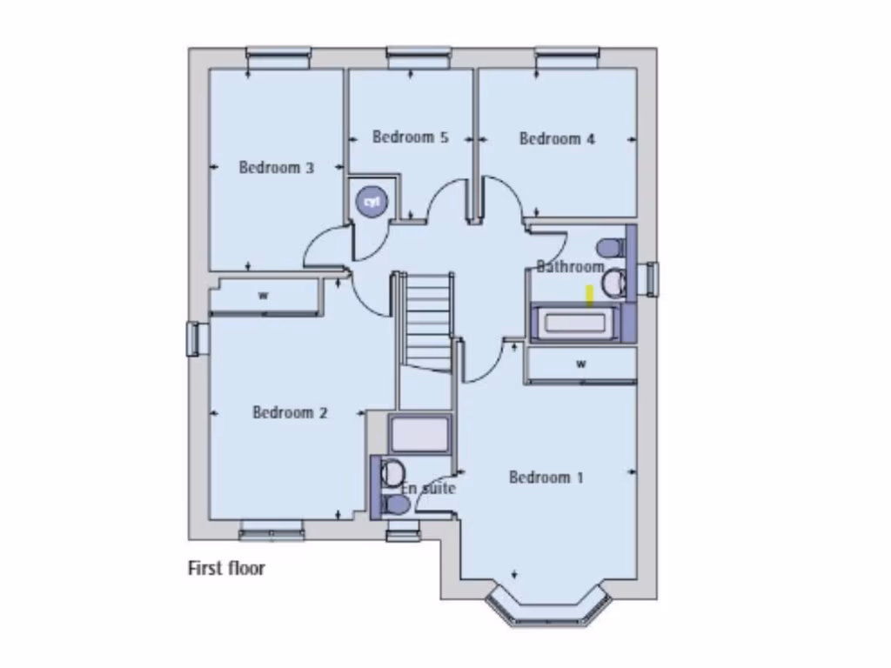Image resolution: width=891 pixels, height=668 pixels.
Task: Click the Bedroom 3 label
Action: [276, 167]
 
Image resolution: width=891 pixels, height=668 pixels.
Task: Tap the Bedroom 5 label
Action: [410, 137]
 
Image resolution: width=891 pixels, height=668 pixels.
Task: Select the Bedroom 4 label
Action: [557, 138]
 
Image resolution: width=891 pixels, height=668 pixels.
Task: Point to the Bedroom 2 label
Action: [290, 412]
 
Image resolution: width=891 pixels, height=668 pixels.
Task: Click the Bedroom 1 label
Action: [546, 477]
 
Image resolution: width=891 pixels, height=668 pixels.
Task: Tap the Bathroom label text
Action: [570, 266]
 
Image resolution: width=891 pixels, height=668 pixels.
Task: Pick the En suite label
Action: [428, 488]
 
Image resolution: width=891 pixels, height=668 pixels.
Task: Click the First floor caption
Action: [226, 569]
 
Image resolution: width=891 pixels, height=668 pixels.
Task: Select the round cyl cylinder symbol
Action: [372, 202]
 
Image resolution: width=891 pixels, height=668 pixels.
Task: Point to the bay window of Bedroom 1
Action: [546, 606]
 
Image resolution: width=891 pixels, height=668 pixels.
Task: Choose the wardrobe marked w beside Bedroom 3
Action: [264, 296]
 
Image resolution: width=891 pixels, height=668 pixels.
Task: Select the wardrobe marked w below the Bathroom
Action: [580, 364]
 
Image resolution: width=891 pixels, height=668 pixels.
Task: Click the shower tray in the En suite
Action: [419, 434]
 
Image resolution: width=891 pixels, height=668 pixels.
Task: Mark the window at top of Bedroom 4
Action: [567, 56]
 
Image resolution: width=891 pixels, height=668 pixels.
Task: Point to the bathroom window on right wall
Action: [648, 278]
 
